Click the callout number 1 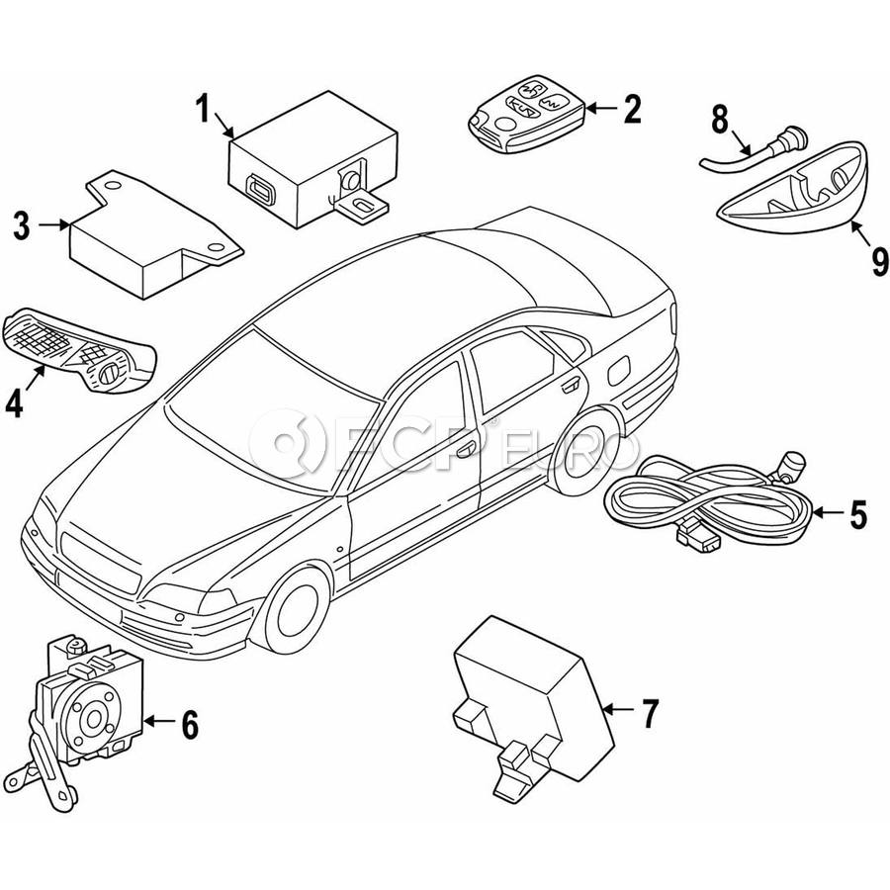[204, 110]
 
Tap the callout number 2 [632, 109]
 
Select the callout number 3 [22, 225]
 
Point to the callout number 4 [14, 403]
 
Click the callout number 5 [857, 513]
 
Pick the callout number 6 [190, 724]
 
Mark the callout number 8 [720, 121]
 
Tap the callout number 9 [880, 261]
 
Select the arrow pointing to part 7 [619, 709]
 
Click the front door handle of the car [467, 450]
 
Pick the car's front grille [100, 562]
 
